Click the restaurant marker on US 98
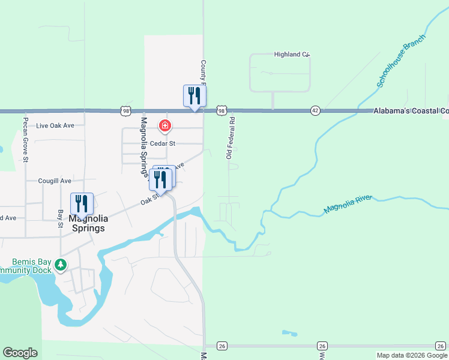[194, 96]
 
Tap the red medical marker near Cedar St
[164, 126]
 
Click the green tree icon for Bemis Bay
[60, 264]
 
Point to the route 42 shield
[315, 111]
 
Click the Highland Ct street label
[291, 55]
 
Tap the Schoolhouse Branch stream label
[401, 61]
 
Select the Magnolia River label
[348, 204]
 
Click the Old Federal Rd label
[230, 138]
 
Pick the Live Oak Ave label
[55, 126]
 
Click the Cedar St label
[162, 143]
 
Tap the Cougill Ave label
[55, 181]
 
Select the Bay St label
[60, 219]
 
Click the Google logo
[20, 353]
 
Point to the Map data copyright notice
[412, 355]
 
